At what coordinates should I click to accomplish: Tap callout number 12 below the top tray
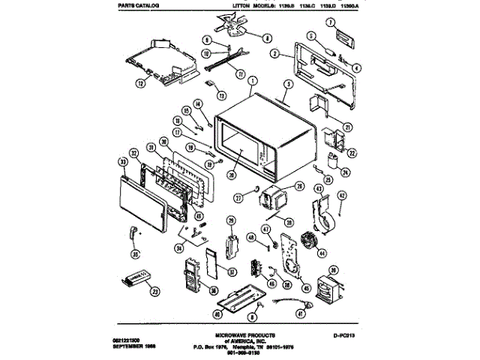pyautogui.click(x=139, y=85)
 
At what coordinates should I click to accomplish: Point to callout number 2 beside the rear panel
pyautogui.click(x=275, y=55)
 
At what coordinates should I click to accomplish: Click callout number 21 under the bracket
pyautogui.click(x=348, y=127)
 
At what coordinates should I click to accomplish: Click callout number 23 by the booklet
pyautogui.click(x=155, y=291)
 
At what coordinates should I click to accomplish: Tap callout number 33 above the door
pyautogui.click(x=122, y=161)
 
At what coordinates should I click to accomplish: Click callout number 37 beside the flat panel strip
pyautogui.click(x=232, y=271)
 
